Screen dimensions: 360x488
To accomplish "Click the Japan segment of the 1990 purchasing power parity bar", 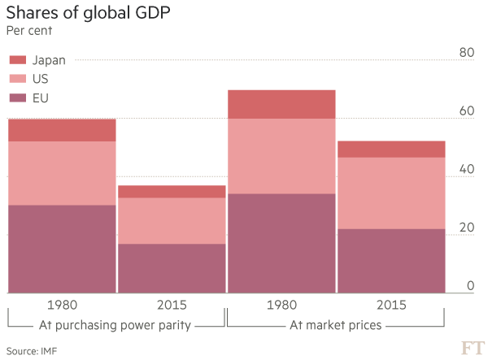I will click(62, 130).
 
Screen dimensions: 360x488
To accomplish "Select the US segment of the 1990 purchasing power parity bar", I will click(62, 173).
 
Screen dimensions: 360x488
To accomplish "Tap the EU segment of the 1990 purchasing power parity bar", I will click(62, 248).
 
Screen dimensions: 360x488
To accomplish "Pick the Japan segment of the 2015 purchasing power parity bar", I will click(172, 192).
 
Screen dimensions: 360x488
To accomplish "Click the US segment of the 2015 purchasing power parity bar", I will click(172, 221).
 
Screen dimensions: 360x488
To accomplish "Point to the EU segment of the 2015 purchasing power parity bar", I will click(172, 267).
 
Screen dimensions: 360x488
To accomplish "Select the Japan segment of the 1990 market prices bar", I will click(281, 104).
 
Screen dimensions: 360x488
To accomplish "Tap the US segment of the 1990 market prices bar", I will click(281, 156).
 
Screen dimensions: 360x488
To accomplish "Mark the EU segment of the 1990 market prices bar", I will click(281, 242).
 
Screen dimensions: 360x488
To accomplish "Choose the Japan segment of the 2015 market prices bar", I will click(391, 149).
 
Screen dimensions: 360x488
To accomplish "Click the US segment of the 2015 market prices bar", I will click(391, 193).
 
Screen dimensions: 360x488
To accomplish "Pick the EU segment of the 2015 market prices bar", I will click(391, 260).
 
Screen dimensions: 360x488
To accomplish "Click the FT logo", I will click(472, 348).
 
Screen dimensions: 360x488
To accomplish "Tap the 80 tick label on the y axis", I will click(465, 53).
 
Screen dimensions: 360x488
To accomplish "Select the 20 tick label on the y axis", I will click(465, 227).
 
